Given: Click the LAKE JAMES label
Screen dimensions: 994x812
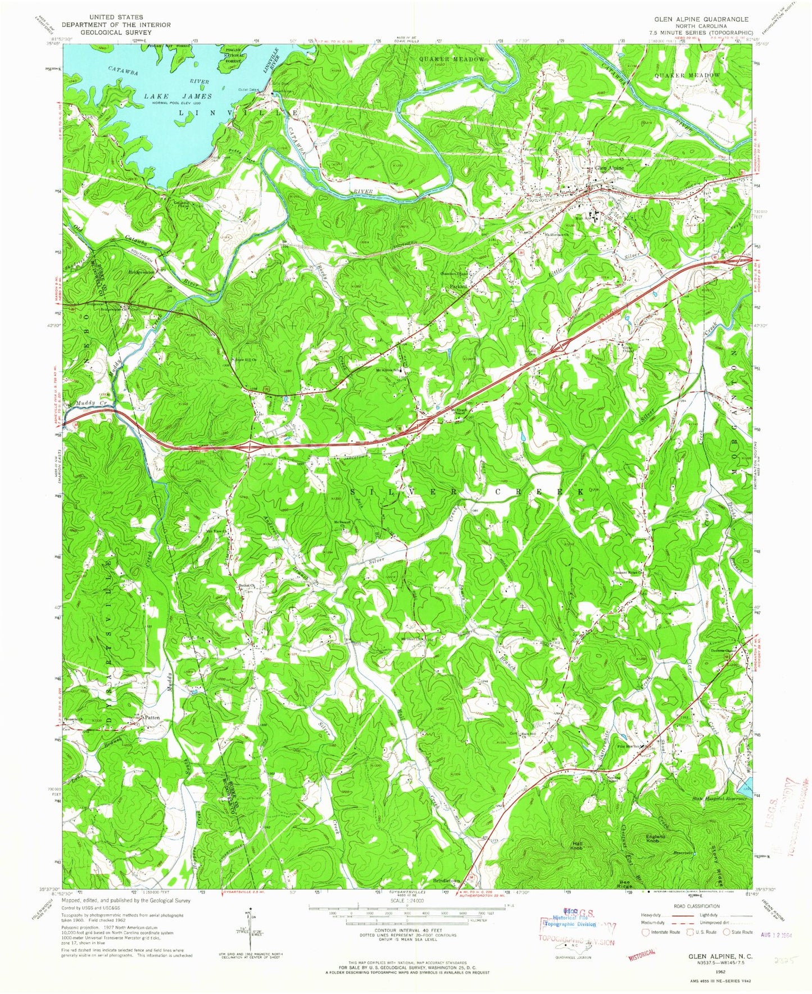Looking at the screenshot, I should point(179,96).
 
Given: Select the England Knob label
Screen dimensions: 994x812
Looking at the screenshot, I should point(655,839).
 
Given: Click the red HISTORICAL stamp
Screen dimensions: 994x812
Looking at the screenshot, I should point(641,952).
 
